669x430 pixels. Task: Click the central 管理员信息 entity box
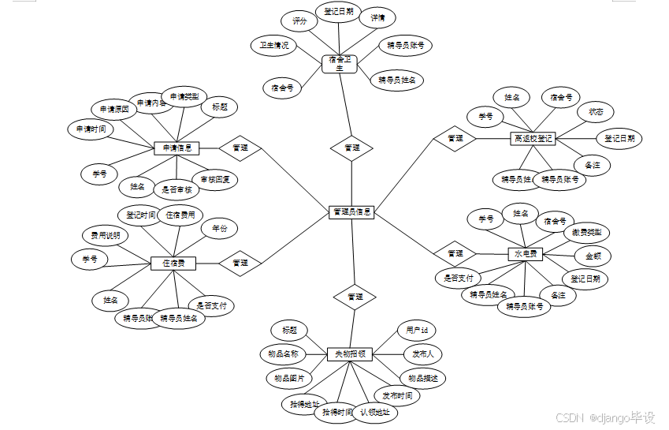[352, 211]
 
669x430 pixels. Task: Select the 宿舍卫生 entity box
[340, 63]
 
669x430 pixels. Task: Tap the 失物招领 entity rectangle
[350, 354]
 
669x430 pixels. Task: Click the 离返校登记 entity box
[533, 138]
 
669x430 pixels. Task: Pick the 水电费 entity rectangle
[526, 254]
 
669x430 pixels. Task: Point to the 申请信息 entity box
[177, 148]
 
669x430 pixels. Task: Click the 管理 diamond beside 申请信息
[240, 147]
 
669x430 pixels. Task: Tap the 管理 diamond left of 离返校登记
[455, 139]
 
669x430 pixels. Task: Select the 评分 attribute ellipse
[299, 22]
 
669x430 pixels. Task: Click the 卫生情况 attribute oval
[274, 45]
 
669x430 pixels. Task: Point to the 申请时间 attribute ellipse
[91, 129]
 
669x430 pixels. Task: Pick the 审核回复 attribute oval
[214, 179]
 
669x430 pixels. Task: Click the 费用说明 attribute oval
[105, 235]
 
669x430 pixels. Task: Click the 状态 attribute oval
[595, 112]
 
